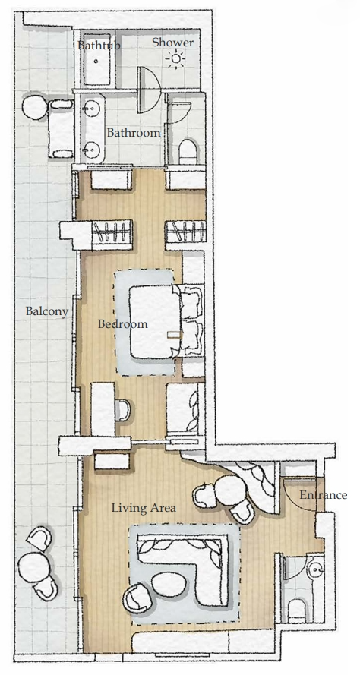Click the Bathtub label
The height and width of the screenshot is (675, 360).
pyautogui.click(x=99, y=46)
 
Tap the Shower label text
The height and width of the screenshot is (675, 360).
pyautogui.click(x=172, y=43)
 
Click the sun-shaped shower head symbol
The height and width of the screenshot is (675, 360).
pyautogui.click(x=175, y=60)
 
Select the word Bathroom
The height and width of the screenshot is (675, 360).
pyautogui.click(x=134, y=133)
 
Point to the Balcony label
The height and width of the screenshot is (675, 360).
pyautogui.click(x=47, y=311)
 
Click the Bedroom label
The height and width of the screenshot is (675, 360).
pyautogui.click(x=123, y=323)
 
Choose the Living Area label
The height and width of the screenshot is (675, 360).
pyautogui.click(x=144, y=508)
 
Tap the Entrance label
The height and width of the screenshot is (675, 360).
pyautogui.click(x=323, y=495)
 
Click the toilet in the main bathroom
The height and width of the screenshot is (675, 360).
pyautogui.click(x=188, y=150)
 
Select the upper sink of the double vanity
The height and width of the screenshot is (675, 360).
pyautogui.click(x=91, y=109)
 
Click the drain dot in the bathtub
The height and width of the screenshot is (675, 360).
pyautogui.click(x=96, y=62)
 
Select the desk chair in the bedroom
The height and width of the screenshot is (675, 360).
pyautogui.click(x=123, y=410)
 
